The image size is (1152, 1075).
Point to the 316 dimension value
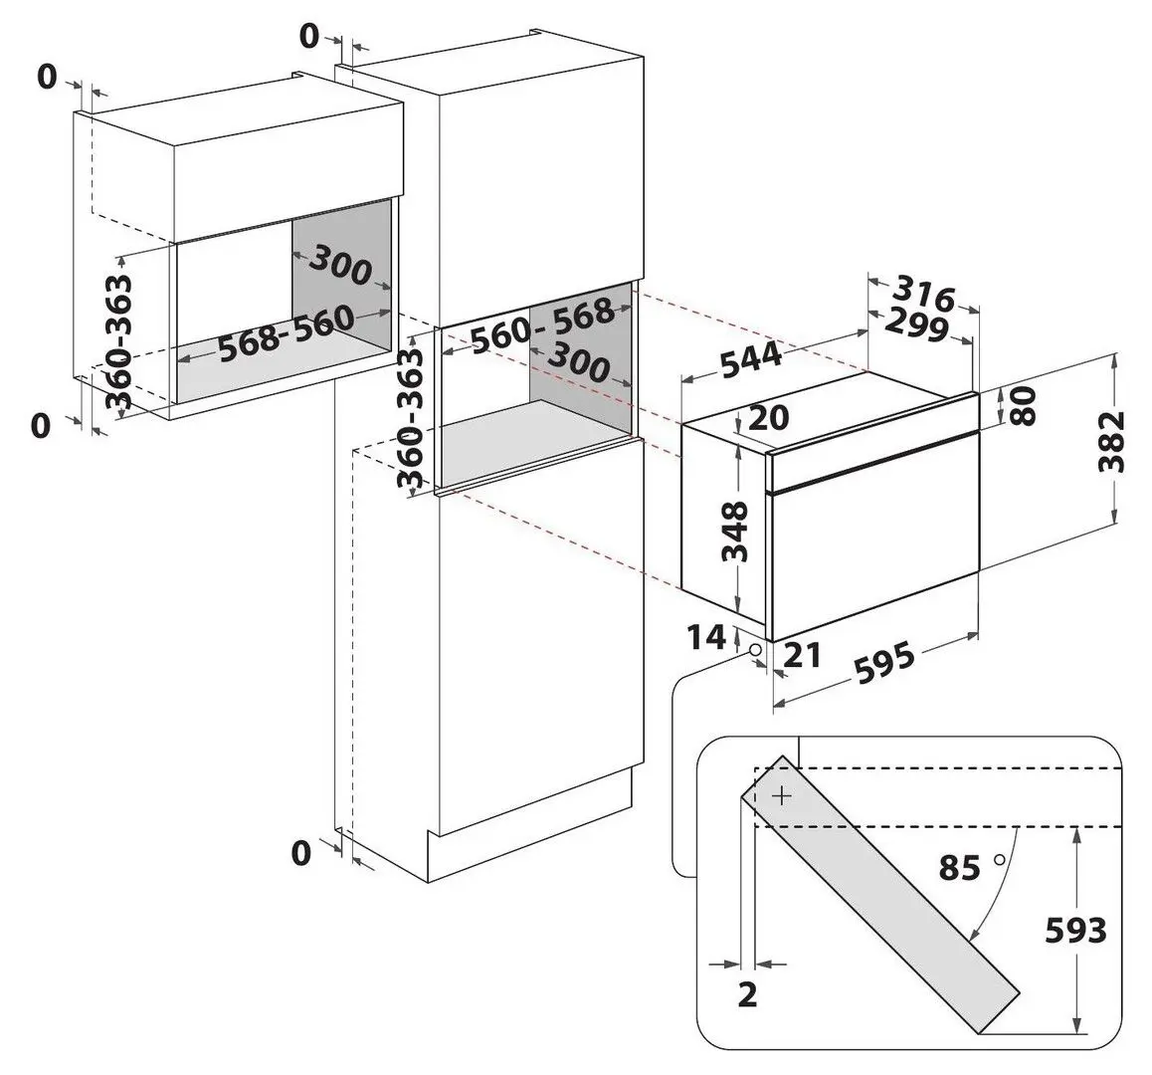pos(923,294)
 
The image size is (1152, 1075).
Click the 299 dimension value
pos(917,323)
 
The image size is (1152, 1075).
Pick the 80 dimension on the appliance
pos(1023,405)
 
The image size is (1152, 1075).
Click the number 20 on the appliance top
pos(767,418)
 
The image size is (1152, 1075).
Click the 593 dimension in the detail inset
pos(1074,931)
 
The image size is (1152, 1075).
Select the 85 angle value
pos(960,868)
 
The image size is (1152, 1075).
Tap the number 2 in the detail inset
pos(748,994)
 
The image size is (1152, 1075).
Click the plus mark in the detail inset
pos(783,796)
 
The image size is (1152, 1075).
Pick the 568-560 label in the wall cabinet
pos(286,333)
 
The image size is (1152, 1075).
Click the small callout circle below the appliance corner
pos(756,650)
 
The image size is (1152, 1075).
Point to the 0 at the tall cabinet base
pos(300,852)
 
